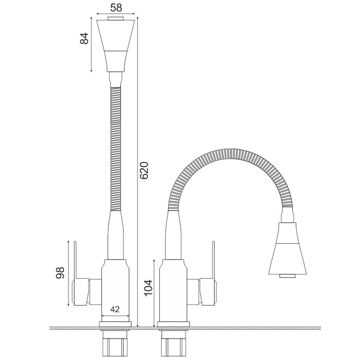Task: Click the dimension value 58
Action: pos(116,8)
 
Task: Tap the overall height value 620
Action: pos(144,171)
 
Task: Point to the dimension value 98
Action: pos(60,272)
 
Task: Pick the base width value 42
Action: pos(115,309)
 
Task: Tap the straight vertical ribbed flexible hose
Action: pos(115,149)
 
